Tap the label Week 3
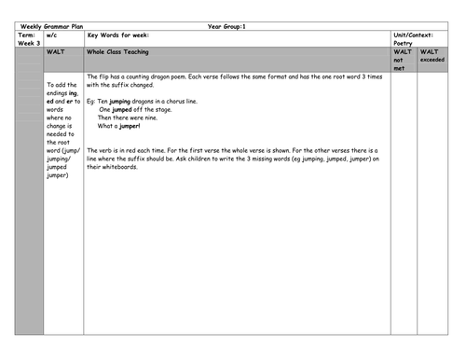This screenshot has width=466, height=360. (x=28, y=43)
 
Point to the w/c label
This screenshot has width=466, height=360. (x=52, y=35)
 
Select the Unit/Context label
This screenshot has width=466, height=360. (x=417, y=35)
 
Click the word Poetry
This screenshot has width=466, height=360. (x=403, y=43)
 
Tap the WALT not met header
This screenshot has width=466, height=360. (x=403, y=60)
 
